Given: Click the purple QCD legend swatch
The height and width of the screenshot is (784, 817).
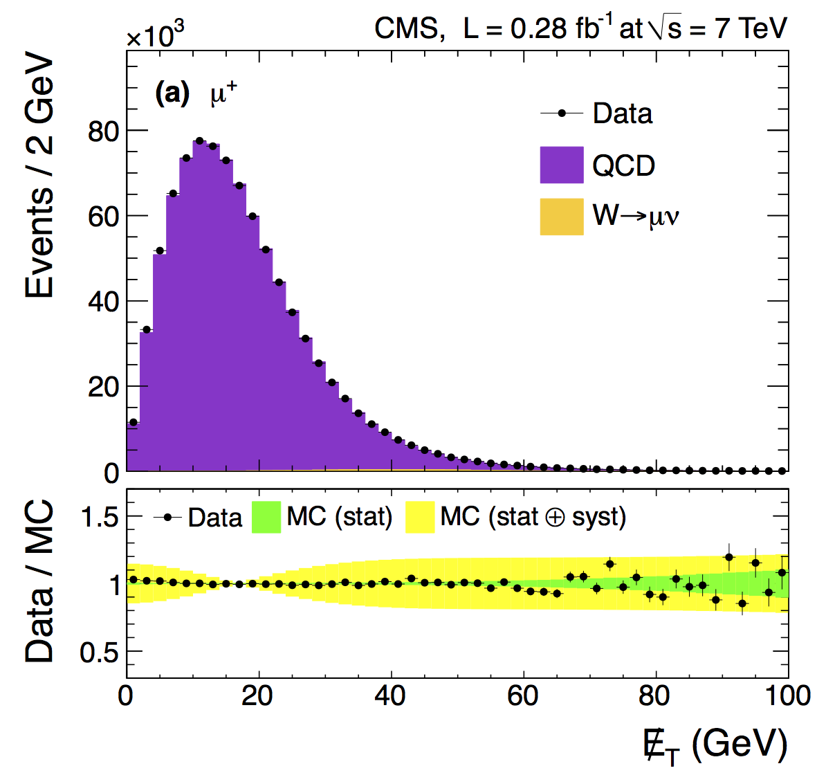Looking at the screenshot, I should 561,165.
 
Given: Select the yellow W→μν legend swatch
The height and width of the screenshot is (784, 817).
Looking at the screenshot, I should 561,216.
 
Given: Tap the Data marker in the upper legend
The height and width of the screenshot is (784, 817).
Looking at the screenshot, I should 562,113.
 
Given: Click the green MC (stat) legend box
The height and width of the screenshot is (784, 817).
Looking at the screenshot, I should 266,517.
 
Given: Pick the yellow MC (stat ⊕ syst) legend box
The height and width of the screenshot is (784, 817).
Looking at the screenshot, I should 419,517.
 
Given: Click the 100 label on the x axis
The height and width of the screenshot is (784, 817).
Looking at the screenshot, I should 787,695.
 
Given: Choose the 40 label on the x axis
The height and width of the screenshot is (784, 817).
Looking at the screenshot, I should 391,695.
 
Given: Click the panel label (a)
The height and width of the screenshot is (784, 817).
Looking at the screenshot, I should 172,93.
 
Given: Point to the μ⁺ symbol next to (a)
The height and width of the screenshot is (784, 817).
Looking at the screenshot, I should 223,93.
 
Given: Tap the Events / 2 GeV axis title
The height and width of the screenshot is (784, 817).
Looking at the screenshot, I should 39,178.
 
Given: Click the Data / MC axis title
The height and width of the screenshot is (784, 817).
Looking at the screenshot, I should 39,581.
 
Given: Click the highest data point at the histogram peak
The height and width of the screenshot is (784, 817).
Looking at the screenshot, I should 199,140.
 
